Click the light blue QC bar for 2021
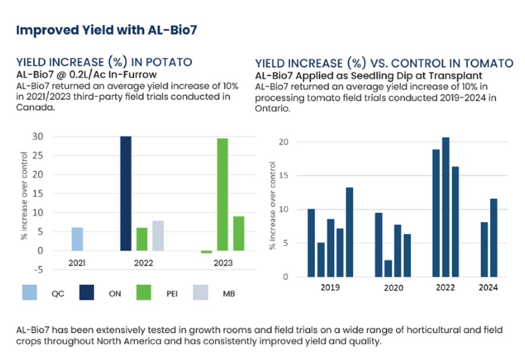point(77,239)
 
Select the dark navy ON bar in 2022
point(126,193)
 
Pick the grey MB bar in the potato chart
point(158,236)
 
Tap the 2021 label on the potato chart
point(77,263)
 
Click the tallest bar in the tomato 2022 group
point(446,207)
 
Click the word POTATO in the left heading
point(165,63)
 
